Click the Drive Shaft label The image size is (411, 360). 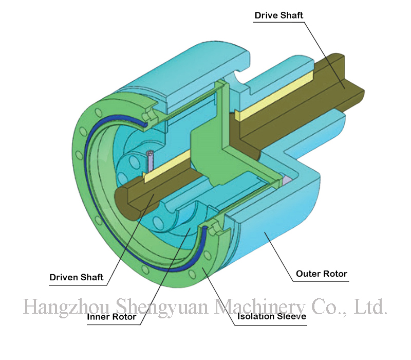tap(279, 15)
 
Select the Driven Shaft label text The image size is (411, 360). tap(77, 278)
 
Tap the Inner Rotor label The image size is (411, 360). tap(111, 317)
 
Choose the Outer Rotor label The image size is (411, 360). tap(322, 274)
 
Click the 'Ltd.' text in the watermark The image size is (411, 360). tap(370, 307)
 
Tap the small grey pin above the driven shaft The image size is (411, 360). tap(150, 162)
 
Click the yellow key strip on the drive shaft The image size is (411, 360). tap(272, 95)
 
